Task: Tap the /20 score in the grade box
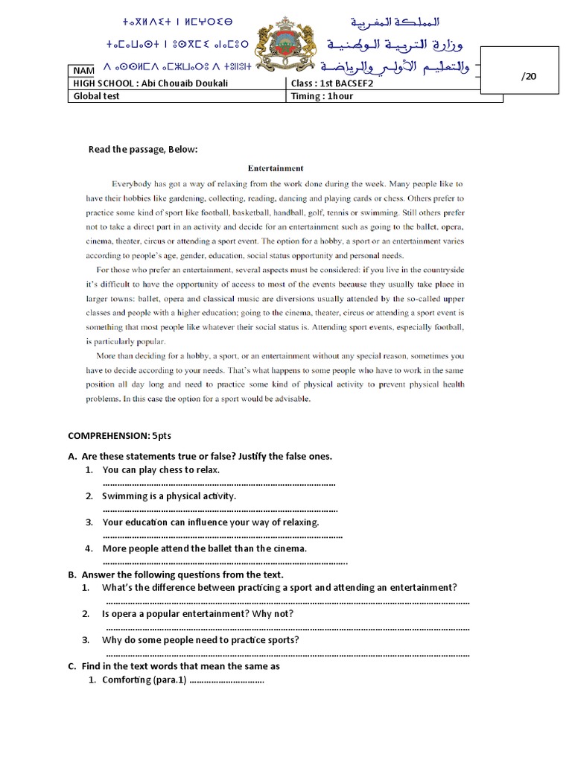[x=530, y=77]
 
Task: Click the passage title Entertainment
[x=276, y=168]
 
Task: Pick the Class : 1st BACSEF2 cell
[x=331, y=83]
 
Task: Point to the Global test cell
[x=95, y=96]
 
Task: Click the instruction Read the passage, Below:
[x=143, y=149]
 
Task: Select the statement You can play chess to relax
[x=161, y=470]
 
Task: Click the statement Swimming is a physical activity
[x=169, y=496]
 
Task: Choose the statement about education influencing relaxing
[x=211, y=522]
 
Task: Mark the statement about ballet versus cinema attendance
[x=205, y=548]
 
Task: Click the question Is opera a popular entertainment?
[x=198, y=614]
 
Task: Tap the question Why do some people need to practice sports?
[x=201, y=640]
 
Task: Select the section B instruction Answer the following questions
[x=182, y=574]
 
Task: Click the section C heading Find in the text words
[x=180, y=666]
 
